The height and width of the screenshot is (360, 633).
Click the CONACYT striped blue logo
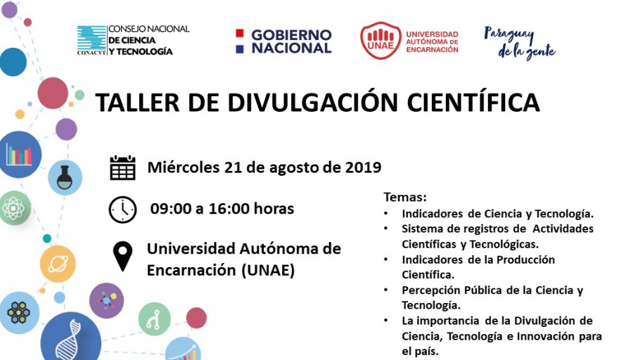pos(91,39)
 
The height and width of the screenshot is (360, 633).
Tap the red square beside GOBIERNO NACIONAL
pos(240,33)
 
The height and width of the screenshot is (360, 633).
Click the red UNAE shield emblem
pos(381,40)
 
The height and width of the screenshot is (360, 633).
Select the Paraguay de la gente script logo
pos(520,43)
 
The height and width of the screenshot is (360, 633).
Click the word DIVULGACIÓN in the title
pos(313,103)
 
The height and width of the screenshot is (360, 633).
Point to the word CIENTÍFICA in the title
pos(473,103)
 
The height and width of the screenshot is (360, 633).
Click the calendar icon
pos(122,167)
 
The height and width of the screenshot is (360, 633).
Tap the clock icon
pos(122,210)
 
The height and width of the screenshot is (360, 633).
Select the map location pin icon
pos(122,256)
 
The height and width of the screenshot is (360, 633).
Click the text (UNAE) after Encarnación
pos(268,271)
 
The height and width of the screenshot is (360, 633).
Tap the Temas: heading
pos(405,197)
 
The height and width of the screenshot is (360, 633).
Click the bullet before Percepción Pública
pos(386,290)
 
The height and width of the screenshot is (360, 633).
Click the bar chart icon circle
pos(19,155)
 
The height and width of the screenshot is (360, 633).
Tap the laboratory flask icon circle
pos(65,177)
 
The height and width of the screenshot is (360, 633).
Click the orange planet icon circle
pos(58,264)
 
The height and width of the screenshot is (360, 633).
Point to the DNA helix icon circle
pos(70,337)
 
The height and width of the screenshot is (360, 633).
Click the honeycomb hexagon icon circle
pos(18,313)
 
